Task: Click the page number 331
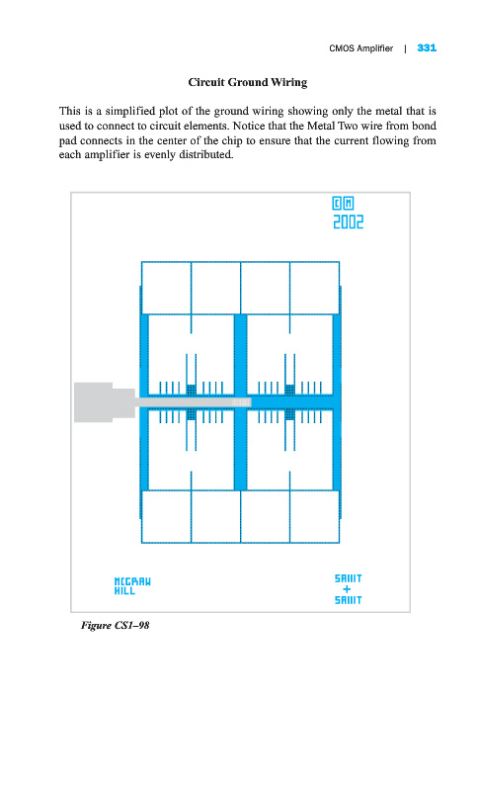coord(427,47)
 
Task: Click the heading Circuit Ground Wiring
coord(247,82)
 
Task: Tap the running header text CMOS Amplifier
coord(360,48)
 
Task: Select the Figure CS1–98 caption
coord(115,626)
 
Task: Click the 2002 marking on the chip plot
coord(348,221)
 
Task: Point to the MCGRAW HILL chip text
coord(132,586)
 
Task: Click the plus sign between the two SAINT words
coord(347,589)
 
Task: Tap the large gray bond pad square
coord(93,402)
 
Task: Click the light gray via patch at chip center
coord(241,402)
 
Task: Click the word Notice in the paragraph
coord(249,126)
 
